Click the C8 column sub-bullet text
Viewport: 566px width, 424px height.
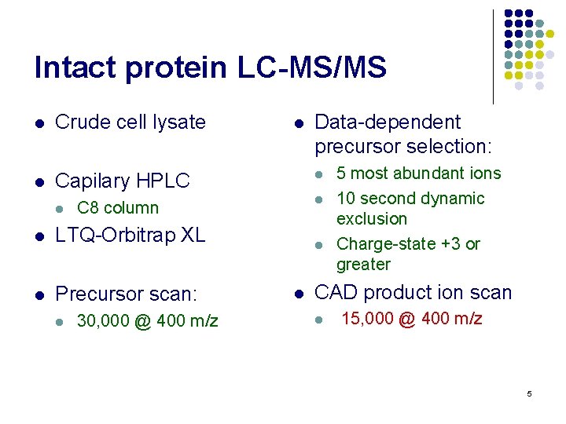click(x=118, y=208)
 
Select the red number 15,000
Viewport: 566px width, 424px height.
click(x=368, y=318)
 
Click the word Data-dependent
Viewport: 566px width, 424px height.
click(x=388, y=122)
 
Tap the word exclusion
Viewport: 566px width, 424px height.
click(x=371, y=219)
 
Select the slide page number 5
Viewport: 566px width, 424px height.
click(x=529, y=393)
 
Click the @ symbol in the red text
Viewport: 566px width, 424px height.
click(x=407, y=319)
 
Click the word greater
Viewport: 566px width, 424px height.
click(x=363, y=265)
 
